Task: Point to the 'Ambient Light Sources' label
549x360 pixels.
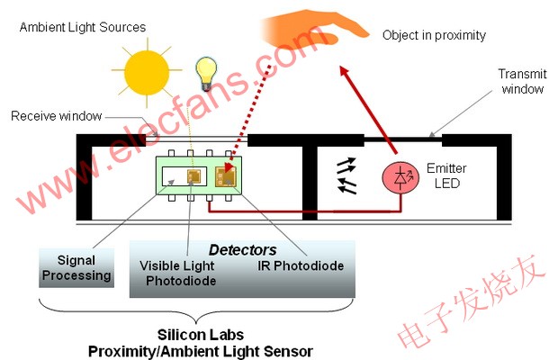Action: point(82,27)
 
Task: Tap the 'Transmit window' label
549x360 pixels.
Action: point(523,82)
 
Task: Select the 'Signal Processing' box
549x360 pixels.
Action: point(77,268)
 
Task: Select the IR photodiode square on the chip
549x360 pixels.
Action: point(224,177)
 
